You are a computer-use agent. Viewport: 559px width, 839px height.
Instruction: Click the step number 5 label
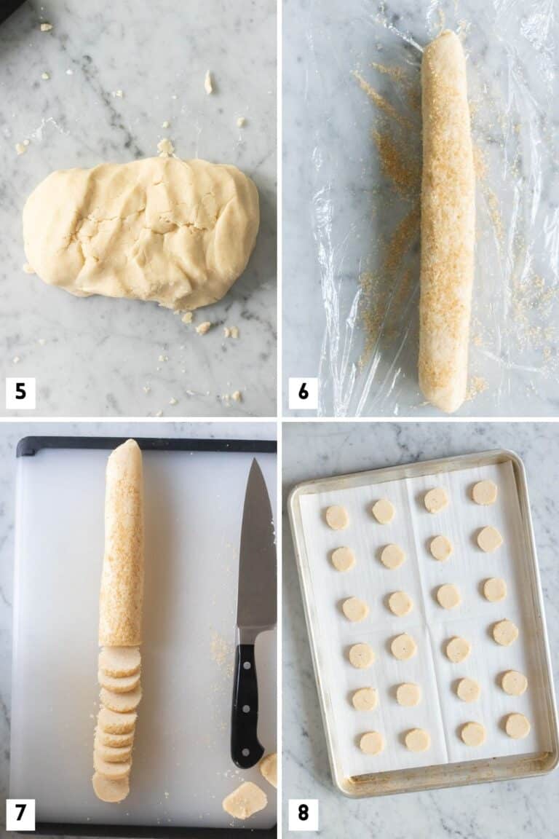pyautogui.click(x=20, y=393)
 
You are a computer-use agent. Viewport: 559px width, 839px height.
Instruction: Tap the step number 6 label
pyautogui.click(x=303, y=393)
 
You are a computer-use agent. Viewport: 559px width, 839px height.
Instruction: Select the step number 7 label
pyautogui.click(x=20, y=814)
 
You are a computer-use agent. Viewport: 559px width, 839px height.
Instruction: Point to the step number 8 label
pyautogui.click(x=303, y=814)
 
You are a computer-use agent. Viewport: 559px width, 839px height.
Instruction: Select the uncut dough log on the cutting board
pyautogui.click(x=122, y=546)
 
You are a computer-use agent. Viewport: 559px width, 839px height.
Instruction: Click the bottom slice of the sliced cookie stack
pyautogui.click(x=111, y=788)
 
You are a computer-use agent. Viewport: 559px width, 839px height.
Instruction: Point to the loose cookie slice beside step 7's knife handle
pyautogui.click(x=245, y=800)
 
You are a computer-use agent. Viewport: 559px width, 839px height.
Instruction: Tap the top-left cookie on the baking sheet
pyautogui.click(x=336, y=517)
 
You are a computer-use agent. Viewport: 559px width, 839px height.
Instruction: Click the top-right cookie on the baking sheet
pyautogui.click(x=484, y=493)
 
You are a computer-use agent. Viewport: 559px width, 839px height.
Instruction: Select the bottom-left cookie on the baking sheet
pyautogui.click(x=371, y=742)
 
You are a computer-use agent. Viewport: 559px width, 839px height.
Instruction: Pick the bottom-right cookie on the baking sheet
pyautogui.click(x=518, y=725)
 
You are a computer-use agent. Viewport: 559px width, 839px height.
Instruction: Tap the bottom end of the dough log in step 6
pyautogui.click(x=441, y=401)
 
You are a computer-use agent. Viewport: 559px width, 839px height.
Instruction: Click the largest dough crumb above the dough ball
pyautogui.click(x=166, y=146)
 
